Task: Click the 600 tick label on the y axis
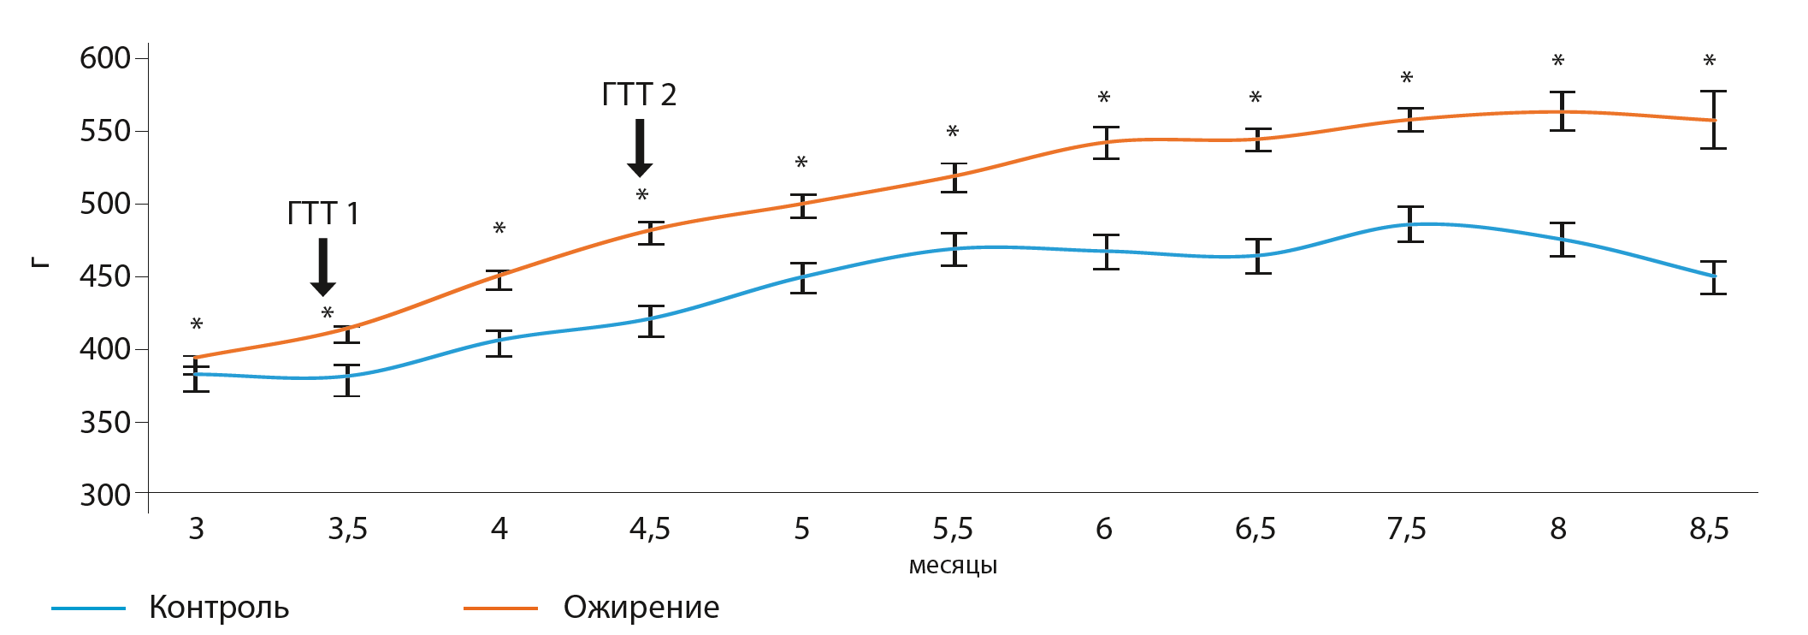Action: tap(104, 58)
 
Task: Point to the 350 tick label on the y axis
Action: tap(104, 422)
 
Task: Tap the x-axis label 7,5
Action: tap(1406, 529)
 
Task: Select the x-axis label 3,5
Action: tap(347, 529)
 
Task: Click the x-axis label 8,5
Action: tap(1709, 529)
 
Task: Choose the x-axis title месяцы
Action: tap(953, 566)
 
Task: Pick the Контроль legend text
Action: tap(219, 608)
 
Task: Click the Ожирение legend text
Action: tap(641, 608)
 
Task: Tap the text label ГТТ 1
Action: tap(322, 213)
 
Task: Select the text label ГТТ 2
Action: tap(639, 94)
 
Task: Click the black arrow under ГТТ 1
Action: tap(322, 267)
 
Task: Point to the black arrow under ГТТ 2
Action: tap(640, 148)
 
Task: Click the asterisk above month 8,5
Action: tap(1709, 61)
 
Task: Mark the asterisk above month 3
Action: tap(197, 324)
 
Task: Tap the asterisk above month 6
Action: tap(1104, 98)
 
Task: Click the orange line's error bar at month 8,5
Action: tap(1713, 120)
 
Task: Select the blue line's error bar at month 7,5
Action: tap(1410, 224)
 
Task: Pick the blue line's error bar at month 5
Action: tap(803, 277)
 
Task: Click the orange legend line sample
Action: tap(500, 608)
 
